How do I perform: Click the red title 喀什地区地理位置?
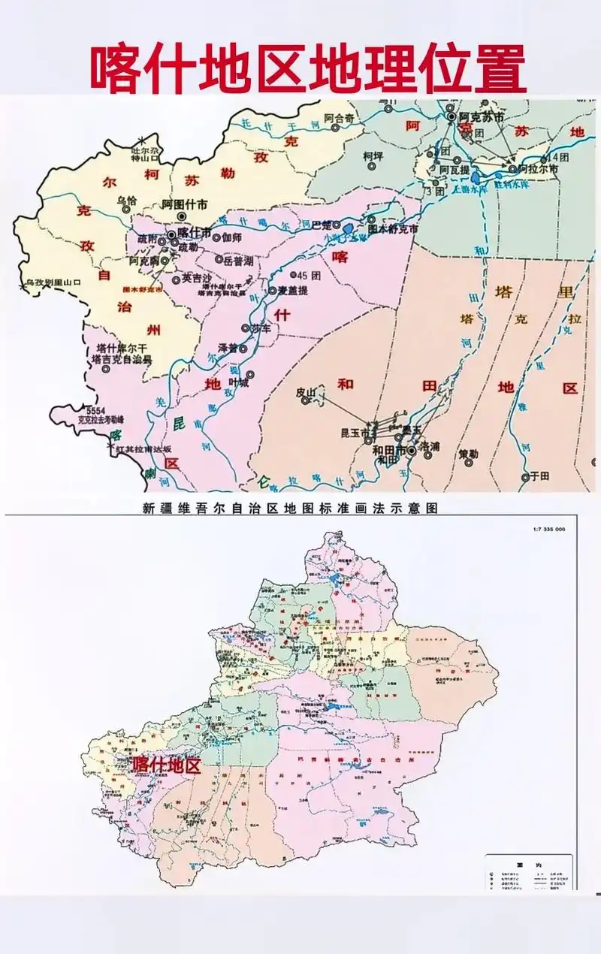pyautogui.click(x=308, y=68)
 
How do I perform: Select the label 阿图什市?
pyautogui.click(x=186, y=204)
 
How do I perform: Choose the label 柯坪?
pyautogui.click(x=373, y=156)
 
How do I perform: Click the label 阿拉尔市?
pyautogui.click(x=538, y=170)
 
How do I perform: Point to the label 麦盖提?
pyautogui.click(x=294, y=290)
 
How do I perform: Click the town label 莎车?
pyautogui.click(x=260, y=328)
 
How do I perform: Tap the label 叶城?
pyautogui.click(x=238, y=382)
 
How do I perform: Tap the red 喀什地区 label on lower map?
pyautogui.click(x=167, y=765)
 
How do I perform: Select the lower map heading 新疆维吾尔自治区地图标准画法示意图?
pyautogui.click(x=290, y=508)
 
